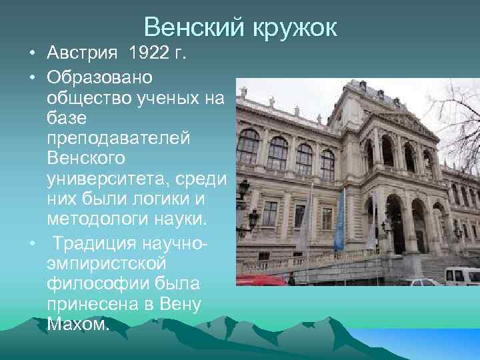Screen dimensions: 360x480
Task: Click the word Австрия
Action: pos(85,53)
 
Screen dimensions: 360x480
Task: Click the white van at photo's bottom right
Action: pos(462,275)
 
